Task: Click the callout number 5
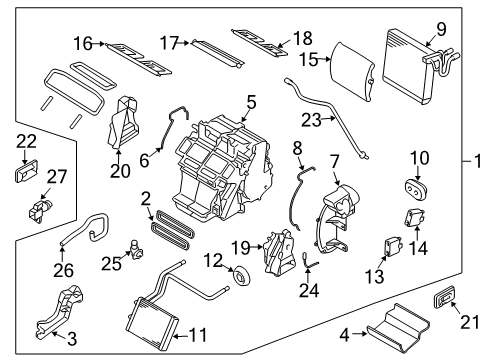pyautogui.click(x=251, y=101)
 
